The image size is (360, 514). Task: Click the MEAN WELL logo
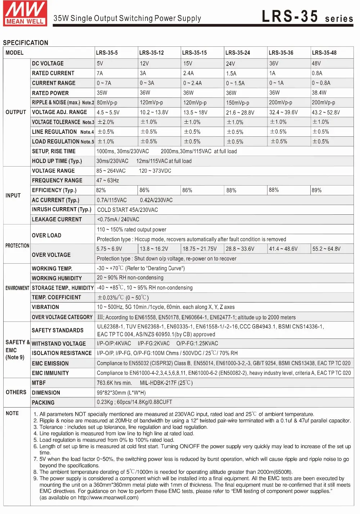[25, 13]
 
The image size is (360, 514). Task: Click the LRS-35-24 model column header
[238, 53]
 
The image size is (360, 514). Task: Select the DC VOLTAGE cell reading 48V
[316, 63]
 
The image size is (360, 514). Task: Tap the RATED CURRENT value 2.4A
[188, 73]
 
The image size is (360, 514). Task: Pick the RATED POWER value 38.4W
[319, 92]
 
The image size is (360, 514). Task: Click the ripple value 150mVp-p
[238, 103]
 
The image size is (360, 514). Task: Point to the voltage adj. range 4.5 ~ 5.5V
[108, 112]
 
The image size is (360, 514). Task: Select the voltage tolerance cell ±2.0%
[106, 122]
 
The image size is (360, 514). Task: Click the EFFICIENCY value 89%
[317, 190]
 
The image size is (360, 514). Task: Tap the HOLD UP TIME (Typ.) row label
[57, 161]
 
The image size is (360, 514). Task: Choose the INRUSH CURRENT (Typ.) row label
[62, 209]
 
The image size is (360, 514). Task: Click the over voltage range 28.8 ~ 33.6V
[240, 249]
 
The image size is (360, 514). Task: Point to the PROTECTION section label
[17, 246]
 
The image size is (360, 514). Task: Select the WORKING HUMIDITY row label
[57, 278]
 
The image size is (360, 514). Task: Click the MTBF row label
[39, 383]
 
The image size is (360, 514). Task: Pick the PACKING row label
[43, 402]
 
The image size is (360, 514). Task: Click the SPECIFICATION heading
[26, 43]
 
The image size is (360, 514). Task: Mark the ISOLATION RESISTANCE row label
[62, 353]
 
